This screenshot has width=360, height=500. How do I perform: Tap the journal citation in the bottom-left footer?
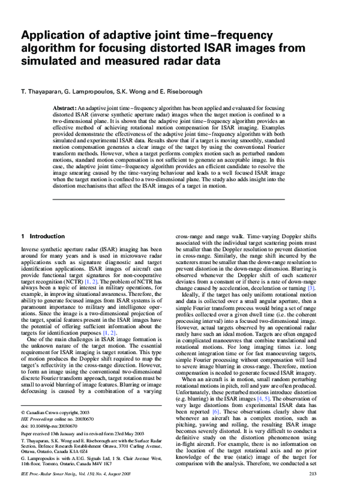tap(79, 492)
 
